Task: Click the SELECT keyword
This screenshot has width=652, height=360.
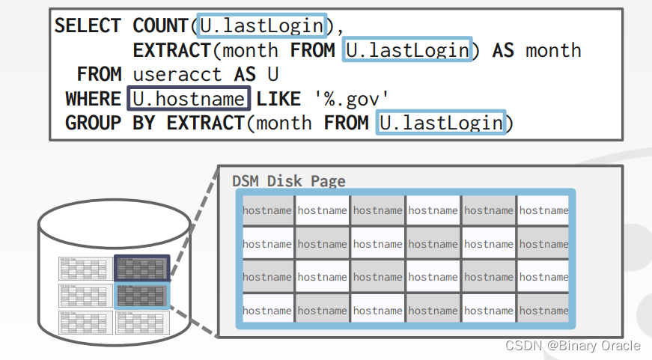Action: click(x=88, y=25)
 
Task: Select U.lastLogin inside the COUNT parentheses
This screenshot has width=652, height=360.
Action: click(x=261, y=26)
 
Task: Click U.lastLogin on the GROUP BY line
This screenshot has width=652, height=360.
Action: click(x=441, y=122)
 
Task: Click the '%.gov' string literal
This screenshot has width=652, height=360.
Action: click(x=352, y=98)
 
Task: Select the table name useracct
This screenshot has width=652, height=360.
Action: click(x=177, y=74)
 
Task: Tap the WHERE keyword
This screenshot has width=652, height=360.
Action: click(x=93, y=98)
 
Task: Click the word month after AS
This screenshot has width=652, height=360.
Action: click(x=553, y=50)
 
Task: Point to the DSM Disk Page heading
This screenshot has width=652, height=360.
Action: click(x=288, y=181)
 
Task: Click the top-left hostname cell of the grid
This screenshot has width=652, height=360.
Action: click(x=267, y=210)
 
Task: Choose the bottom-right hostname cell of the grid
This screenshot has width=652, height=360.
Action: click(x=543, y=311)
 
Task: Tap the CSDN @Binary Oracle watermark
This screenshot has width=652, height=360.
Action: click(x=573, y=345)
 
